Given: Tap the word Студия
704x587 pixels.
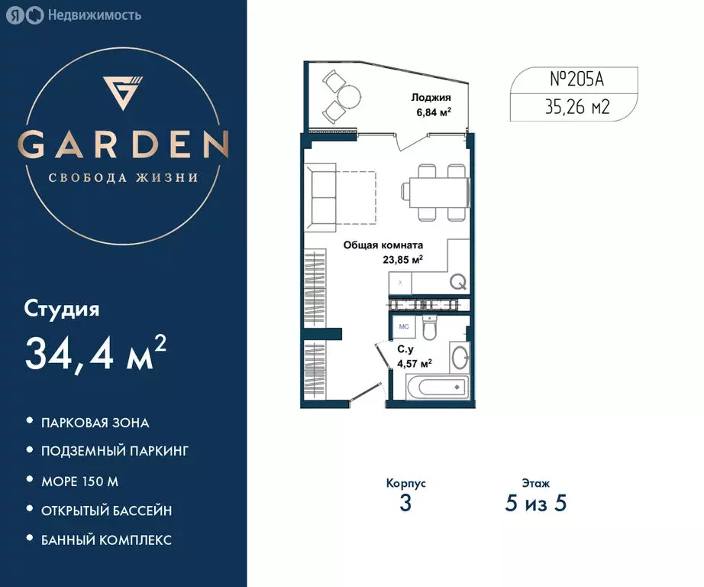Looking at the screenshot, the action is (x=62, y=310).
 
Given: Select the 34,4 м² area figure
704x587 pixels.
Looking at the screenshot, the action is (x=95, y=354).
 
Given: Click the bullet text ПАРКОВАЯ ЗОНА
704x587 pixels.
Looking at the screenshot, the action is (x=95, y=423).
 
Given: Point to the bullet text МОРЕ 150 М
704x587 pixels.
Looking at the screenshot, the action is (x=80, y=482).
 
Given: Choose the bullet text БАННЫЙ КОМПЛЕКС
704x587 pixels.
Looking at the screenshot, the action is (x=106, y=540).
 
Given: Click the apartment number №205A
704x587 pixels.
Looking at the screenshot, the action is (x=577, y=79).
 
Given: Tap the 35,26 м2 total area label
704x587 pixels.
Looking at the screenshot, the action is (x=577, y=107).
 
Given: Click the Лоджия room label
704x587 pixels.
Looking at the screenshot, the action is (x=431, y=97).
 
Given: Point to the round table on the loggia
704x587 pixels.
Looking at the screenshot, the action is (x=349, y=96).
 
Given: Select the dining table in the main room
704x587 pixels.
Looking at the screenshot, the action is (x=435, y=192).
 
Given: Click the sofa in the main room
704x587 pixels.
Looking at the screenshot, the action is (x=321, y=197).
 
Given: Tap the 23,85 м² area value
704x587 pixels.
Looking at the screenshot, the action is (x=402, y=259).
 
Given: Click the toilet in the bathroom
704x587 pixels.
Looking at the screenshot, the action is (x=429, y=328).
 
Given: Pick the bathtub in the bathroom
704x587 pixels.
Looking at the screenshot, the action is (x=438, y=387).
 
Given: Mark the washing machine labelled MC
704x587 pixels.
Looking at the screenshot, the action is (x=404, y=327).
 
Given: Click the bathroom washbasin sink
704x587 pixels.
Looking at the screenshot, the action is (x=460, y=358).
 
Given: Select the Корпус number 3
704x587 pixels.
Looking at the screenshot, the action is (x=405, y=503).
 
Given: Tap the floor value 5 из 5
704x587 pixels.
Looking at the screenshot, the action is (x=535, y=503).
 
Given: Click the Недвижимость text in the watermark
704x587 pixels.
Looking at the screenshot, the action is (x=95, y=15).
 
